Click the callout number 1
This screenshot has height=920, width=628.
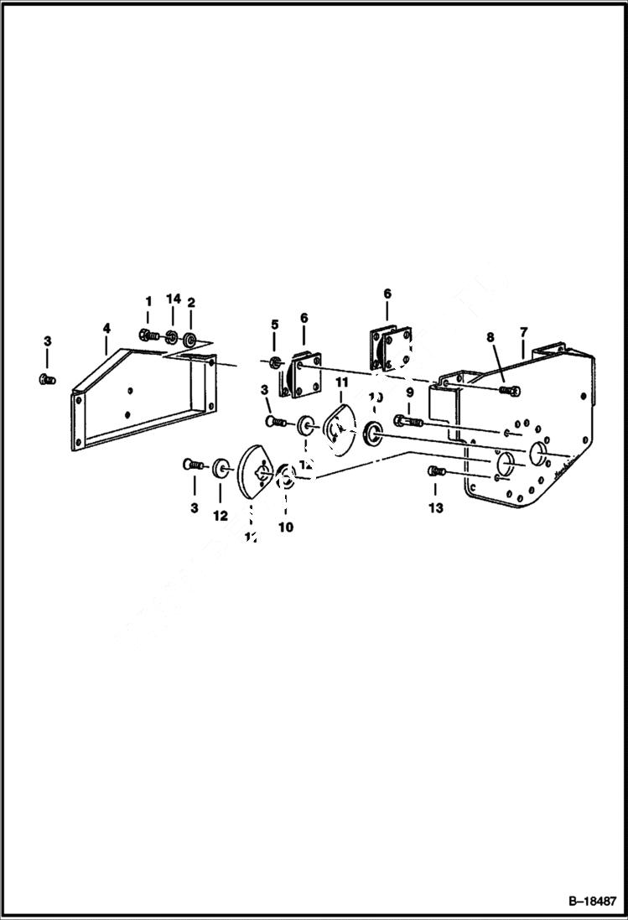148,300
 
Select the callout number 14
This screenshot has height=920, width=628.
173,300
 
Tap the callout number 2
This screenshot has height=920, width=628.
191,302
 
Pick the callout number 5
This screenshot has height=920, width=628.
273,325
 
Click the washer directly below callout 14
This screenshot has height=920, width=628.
171,338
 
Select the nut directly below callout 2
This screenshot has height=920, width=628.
190,340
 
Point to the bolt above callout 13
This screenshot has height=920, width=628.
435,472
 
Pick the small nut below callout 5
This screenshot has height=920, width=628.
275,362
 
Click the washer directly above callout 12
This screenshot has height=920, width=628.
221,466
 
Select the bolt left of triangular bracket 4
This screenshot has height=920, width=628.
47,381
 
